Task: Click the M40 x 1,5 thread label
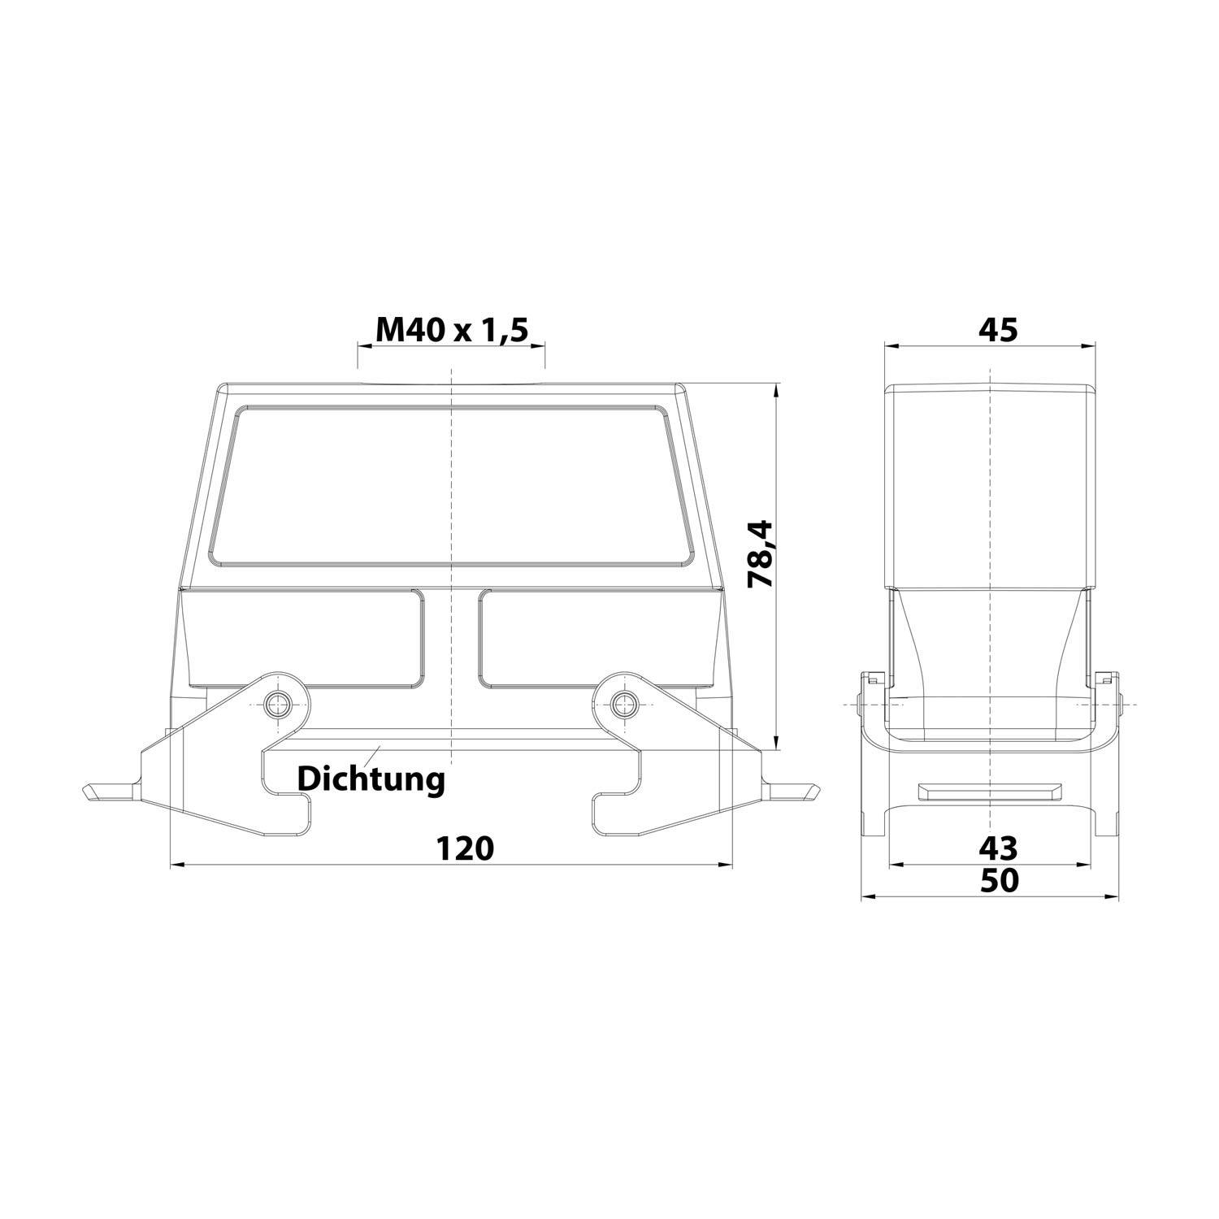452,329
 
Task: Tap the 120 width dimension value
465,848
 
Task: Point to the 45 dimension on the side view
998,329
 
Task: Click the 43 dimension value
998,848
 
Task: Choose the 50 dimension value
999,880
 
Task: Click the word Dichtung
371,779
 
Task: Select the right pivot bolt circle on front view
623,703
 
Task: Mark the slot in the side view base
990,792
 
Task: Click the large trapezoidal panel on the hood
452,486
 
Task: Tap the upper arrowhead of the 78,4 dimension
777,390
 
